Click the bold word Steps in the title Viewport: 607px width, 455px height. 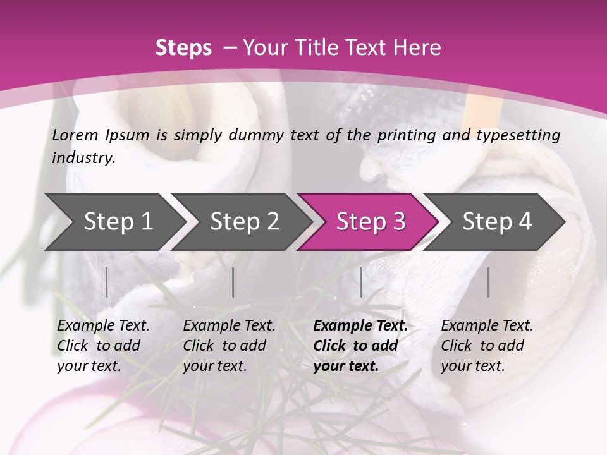183,47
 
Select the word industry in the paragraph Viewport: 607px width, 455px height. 83,157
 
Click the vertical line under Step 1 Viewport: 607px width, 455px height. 107,282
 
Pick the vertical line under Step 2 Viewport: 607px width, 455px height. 233,282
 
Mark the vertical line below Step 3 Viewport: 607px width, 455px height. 361,282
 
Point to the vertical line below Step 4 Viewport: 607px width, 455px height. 488,282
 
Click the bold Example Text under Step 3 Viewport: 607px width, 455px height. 360,325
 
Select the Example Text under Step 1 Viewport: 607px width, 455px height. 103,325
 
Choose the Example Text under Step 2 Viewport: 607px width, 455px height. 229,325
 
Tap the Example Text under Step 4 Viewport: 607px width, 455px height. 487,325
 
